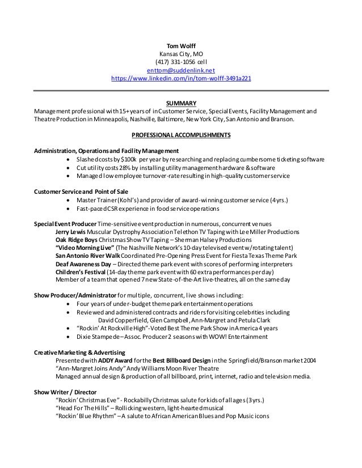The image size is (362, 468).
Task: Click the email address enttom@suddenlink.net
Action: coord(180,70)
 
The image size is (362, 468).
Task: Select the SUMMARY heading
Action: coord(180,103)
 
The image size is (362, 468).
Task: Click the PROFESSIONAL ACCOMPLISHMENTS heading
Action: coord(180,136)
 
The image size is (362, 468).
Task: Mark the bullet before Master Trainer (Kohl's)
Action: coord(69,201)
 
